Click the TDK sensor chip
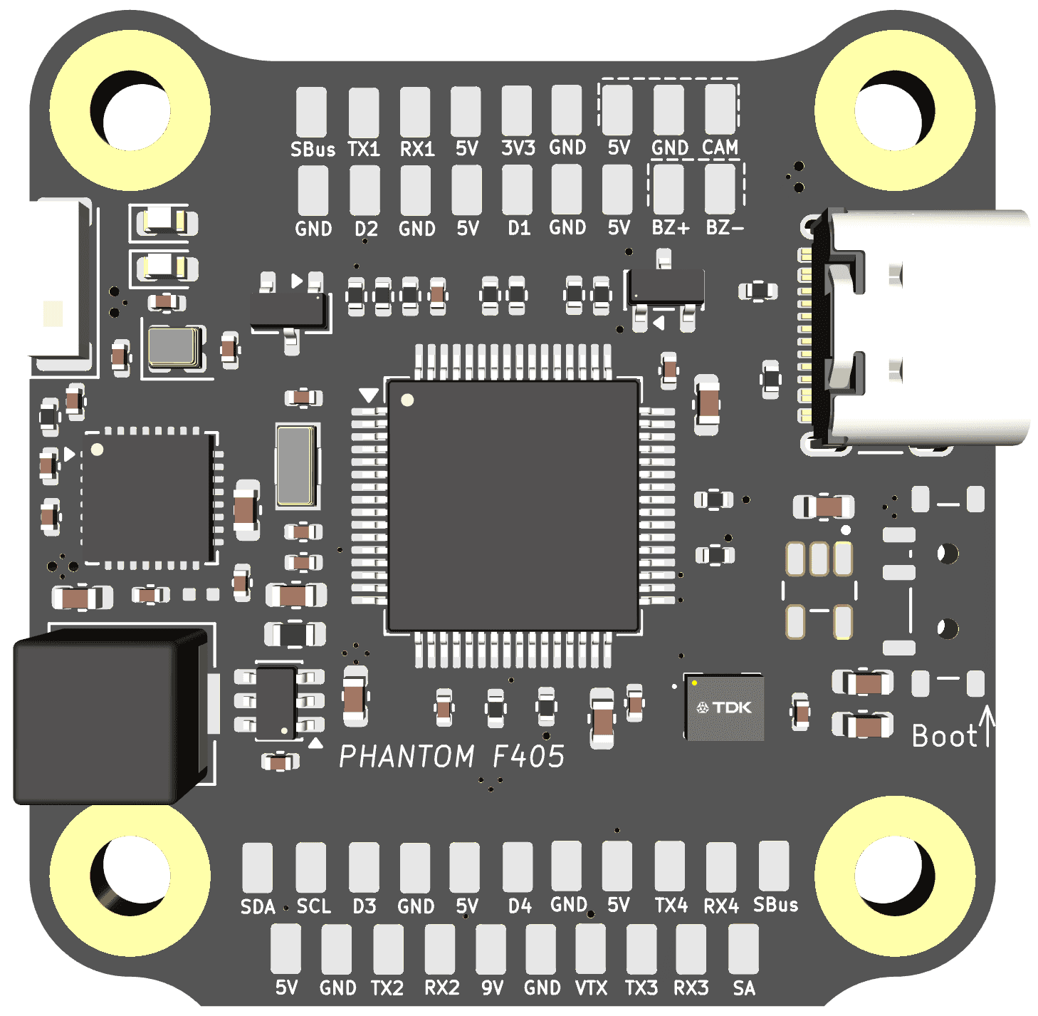[x=724, y=707]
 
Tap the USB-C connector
[x=915, y=327]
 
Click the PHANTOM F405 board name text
[x=452, y=756]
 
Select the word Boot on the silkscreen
[x=943, y=736]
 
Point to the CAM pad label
[x=720, y=147]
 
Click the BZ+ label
[x=671, y=227]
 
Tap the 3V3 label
[x=518, y=147]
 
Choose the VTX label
[x=591, y=988]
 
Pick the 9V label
[x=492, y=988]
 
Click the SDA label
[x=258, y=906]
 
